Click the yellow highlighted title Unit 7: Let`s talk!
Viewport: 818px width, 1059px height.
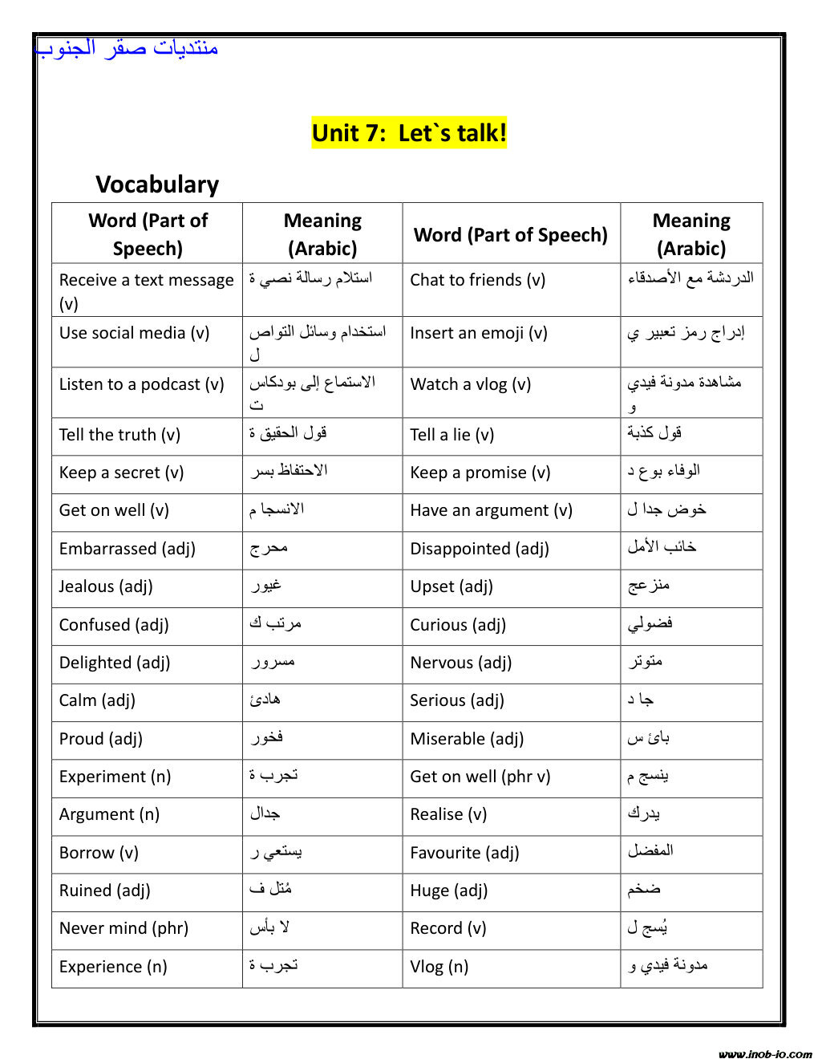(409, 132)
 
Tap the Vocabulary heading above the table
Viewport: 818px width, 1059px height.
(157, 185)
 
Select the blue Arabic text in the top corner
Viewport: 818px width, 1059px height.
(127, 47)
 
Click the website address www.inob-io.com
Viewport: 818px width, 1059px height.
(765, 1054)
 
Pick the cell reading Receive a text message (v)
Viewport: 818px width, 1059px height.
(146, 290)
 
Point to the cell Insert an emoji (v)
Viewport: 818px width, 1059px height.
(478, 333)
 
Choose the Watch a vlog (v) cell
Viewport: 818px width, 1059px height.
(470, 384)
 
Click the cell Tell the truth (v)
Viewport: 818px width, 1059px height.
(119, 435)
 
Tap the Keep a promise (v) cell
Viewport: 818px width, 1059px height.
(480, 473)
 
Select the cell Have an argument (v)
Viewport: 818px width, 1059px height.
(491, 510)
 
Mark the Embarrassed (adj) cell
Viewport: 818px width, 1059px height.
(127, 549)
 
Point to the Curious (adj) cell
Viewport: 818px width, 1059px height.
(458, 625)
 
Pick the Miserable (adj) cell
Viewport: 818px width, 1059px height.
(467, 739)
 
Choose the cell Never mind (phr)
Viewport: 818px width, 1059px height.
(124, 928)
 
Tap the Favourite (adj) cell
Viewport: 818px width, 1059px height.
(464, 853)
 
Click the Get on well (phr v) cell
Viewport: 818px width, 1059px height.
(480, 777)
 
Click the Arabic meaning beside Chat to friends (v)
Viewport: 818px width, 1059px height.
(690, 278)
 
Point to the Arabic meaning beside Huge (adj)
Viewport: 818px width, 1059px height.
(644, 889)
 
